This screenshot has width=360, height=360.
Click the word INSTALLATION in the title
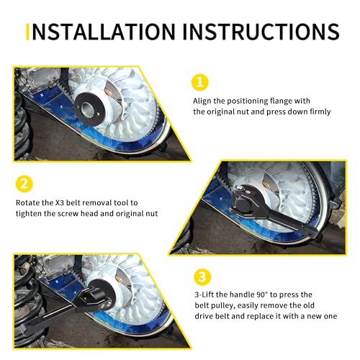tap(104, 32)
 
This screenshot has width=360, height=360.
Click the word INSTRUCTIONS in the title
tap(261, 32)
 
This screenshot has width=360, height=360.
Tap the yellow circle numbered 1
tap(200, 82)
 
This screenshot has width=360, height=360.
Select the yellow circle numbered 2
tap(24, 184)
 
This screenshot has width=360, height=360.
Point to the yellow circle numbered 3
tap(202, 277)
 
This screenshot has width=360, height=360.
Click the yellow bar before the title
tap(27, 32)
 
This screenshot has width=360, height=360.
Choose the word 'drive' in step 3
tap(203, 316)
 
